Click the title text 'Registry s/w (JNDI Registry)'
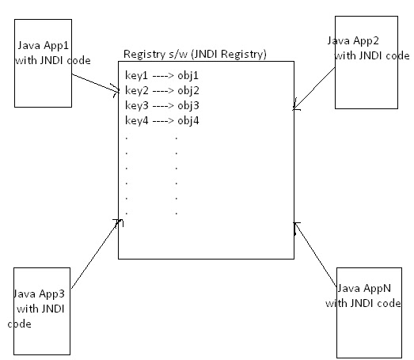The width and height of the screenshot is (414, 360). pos(195,54)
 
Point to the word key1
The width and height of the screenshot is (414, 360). pos(137,75)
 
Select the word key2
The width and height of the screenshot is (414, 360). pos(137,90)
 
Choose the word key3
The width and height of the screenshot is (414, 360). pos(137,105)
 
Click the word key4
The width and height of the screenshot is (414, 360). pos(137,120)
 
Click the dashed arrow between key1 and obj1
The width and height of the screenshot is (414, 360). pos(162,75)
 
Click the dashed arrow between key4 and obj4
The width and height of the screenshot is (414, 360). pos(162,120)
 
